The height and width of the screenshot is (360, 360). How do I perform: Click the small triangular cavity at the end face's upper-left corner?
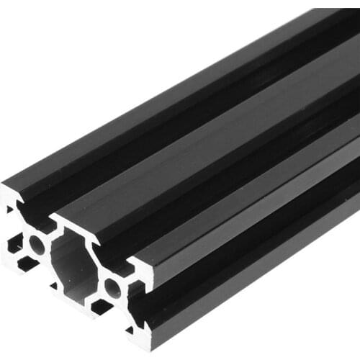point(9,210)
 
